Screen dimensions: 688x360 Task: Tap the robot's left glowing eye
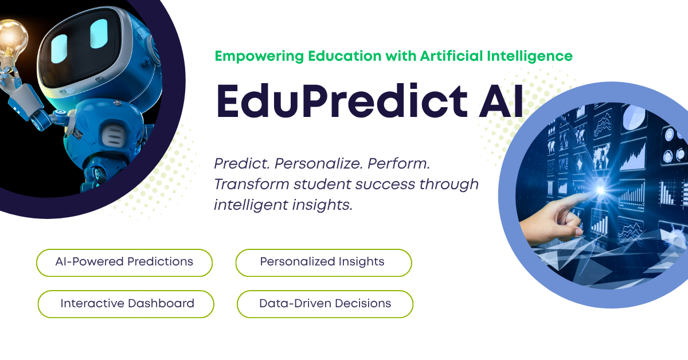click(59, 49)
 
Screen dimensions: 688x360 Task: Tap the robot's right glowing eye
click(99, 33)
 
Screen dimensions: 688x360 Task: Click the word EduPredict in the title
click(342, 101)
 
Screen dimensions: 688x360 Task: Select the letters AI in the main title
click(501, 101)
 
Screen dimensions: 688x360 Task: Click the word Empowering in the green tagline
click(259, 57)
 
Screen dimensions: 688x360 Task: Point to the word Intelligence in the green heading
click(530, 57)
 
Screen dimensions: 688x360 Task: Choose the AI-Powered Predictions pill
click(124, 263)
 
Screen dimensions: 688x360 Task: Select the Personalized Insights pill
click(324, 263)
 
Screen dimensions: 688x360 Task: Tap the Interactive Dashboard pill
click(126, 304)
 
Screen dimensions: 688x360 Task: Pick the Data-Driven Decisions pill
click(325, 304)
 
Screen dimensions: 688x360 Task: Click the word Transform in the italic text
click(252, 185)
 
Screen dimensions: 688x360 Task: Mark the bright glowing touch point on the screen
click(600, 190)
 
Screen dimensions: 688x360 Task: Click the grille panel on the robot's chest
click(113, 137)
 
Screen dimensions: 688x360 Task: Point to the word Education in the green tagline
click(345, 56)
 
